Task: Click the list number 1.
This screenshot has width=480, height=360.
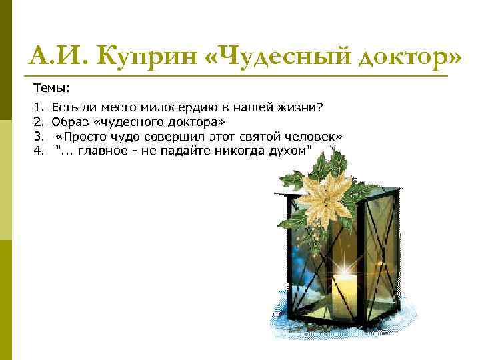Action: coord(37,107)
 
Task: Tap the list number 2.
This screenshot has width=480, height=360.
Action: coord(37,122)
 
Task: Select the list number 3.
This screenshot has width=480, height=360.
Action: coord(37,137)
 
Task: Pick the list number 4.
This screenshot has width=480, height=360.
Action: coord(37,151)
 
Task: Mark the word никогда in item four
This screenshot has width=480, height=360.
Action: coord(239,151)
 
